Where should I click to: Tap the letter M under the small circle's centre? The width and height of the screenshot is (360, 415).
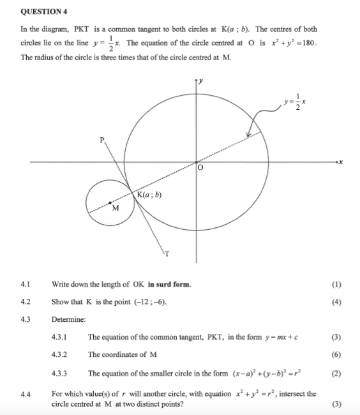116,208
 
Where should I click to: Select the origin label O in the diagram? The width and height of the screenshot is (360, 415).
200,169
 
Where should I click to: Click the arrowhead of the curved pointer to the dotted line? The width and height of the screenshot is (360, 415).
249,134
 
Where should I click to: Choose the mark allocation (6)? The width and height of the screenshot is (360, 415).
336,354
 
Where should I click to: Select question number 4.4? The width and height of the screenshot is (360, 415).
26,394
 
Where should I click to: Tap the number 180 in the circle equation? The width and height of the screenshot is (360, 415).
308,43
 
